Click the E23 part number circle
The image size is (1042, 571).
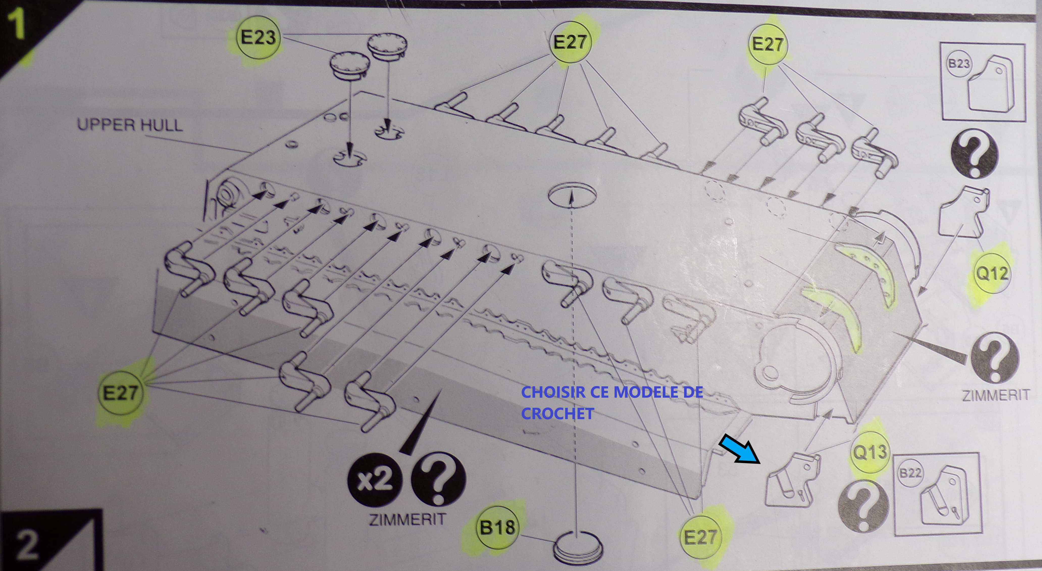(258, 38)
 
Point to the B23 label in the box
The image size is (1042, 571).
(959, 63)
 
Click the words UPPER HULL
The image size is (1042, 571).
(130, 125)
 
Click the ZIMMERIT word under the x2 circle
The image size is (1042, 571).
(407, 519)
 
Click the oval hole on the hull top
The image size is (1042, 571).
(572, 195)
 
